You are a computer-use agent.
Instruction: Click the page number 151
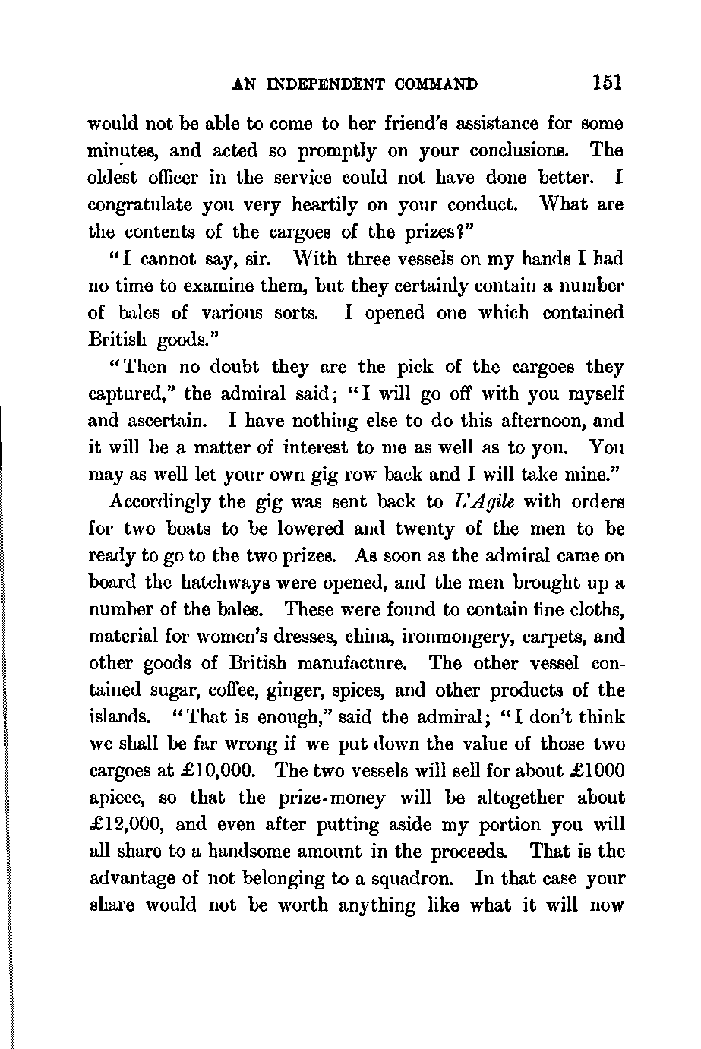pyautogui.click(x=608, y=83)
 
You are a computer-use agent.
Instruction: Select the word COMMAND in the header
pyautogui.click(x=434, y=84)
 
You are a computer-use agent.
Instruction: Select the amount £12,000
pyautogui.click(x=125, y=825)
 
